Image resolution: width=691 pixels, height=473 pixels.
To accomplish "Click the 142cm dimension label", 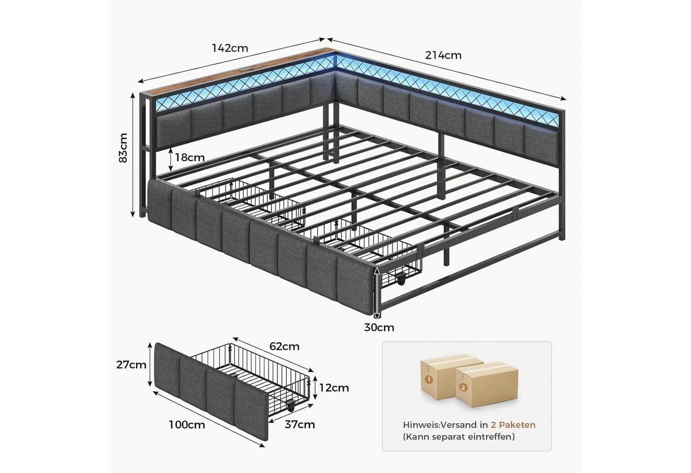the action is [x=230, y=48].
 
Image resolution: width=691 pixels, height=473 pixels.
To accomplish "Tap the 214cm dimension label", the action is [x=443, y=55].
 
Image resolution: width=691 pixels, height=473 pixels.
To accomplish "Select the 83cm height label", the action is [x=123, y=148].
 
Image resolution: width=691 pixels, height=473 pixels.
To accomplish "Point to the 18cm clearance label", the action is [x=190, y=157].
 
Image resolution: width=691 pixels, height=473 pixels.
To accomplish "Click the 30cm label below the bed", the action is [x=379, y=327].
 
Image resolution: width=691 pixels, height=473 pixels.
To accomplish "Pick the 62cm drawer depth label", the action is [x=284, y=346].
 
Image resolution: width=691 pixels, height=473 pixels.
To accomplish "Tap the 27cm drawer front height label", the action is [x=131, y=365].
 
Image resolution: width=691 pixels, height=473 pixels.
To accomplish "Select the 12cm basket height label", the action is [x=334, y=388].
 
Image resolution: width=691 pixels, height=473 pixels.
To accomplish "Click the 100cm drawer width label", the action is [x=187, y=425].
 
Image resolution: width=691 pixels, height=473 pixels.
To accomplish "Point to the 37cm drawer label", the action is [x=300, y=425].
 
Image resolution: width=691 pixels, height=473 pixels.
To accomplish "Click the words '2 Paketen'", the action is [x=513, y=425].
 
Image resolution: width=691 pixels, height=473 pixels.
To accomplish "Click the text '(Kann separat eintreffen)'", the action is [x=459, y=437].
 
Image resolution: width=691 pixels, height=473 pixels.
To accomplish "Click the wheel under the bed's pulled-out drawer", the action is [x=401, y=280].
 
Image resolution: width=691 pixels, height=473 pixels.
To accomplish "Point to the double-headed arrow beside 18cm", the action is [x=171, y=159].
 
